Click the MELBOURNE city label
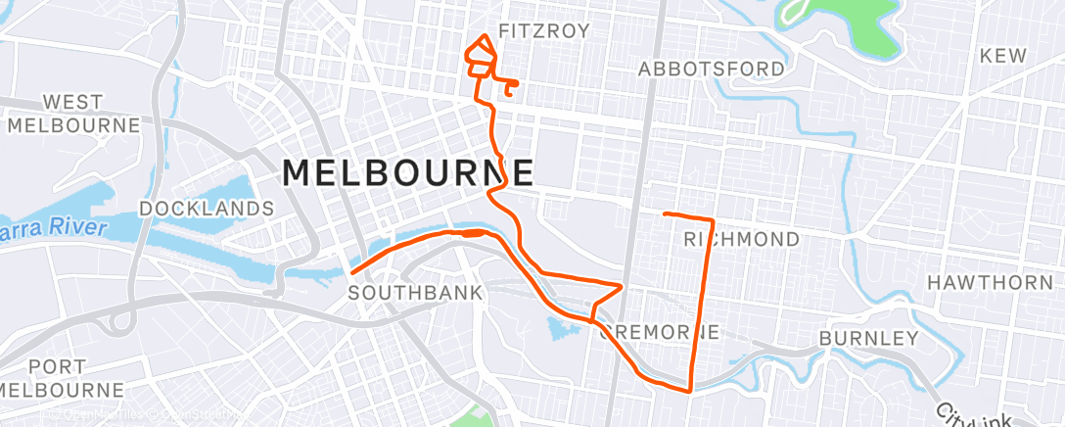coord(408,172)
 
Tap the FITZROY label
coord(544,31)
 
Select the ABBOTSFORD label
coord(712,69)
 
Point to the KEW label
coord(1003,56)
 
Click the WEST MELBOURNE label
coord(73,114)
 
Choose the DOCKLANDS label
coord(207,209)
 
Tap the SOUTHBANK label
coord(416,293)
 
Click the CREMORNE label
coord(658,331)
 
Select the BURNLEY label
coord(868,339)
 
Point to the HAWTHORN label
coord(990,283)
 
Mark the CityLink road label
coord(979,412)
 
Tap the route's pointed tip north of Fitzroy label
coord(483,36)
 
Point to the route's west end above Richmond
coord(665,213)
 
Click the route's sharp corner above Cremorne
coord(622,285)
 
